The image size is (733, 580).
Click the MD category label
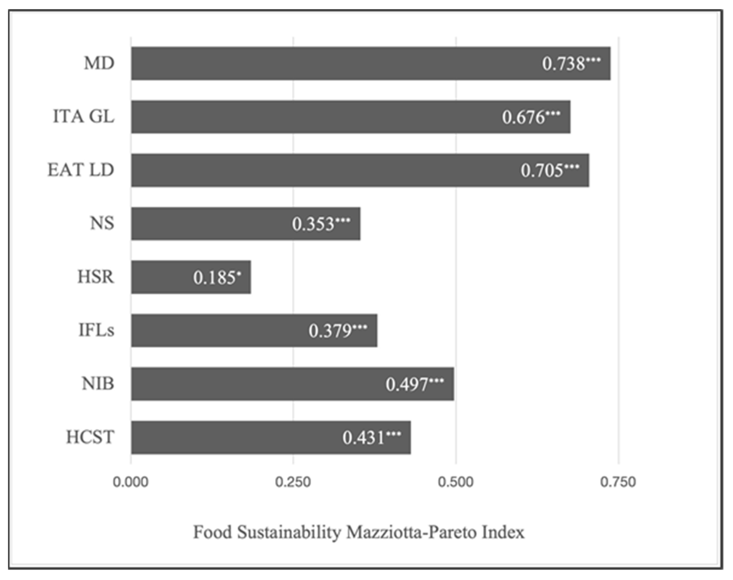coord(99,63)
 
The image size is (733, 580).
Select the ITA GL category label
coord(84,117)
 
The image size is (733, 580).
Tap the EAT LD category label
coord(81,170)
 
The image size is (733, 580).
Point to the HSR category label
coord(96,277)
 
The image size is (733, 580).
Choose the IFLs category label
coord(96,330)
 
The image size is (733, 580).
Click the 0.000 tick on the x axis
coord(131,482)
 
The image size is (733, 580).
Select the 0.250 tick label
coord(293,482)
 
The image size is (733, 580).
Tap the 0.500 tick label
coord(456,482)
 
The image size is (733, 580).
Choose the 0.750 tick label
coord(618,482)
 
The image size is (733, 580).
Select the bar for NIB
coord(258,384)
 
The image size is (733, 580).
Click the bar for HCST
coord(238,437)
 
